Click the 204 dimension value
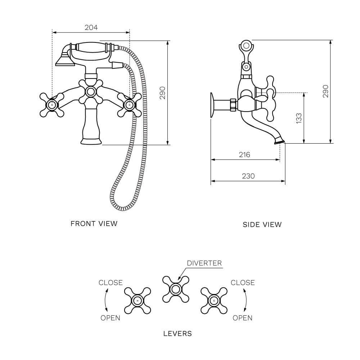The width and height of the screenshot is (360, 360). coord(91,27)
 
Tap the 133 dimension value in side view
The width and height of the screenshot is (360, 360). coord(299,118)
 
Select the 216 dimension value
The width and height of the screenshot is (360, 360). coord(244,155)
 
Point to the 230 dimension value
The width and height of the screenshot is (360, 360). coord(248,176)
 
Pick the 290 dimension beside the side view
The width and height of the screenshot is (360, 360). coord(325,91)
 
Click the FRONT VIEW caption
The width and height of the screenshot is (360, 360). coord(94,224)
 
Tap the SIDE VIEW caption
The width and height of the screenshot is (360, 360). coord(262,225)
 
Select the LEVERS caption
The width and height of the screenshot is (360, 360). coord(177,333)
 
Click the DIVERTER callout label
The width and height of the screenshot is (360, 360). coord(204,263)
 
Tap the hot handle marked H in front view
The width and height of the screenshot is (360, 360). coord(52,105)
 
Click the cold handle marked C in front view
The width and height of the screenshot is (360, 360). coord(130,105)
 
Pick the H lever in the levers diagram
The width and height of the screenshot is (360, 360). coord(137,300)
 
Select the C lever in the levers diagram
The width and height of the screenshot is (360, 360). coord(214,300)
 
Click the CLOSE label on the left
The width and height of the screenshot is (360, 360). coord(111,283)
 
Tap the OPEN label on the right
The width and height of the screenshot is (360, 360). coord(242,318)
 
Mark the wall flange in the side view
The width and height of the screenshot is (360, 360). coord(212,104)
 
